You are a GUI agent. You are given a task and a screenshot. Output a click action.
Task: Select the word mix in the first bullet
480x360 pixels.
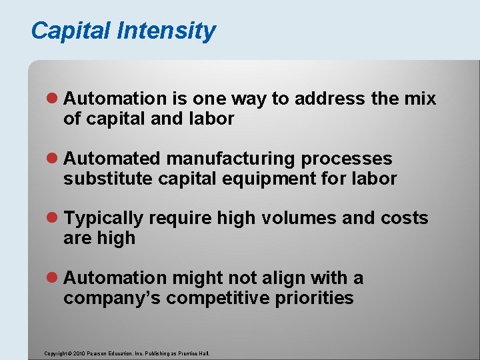420,99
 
